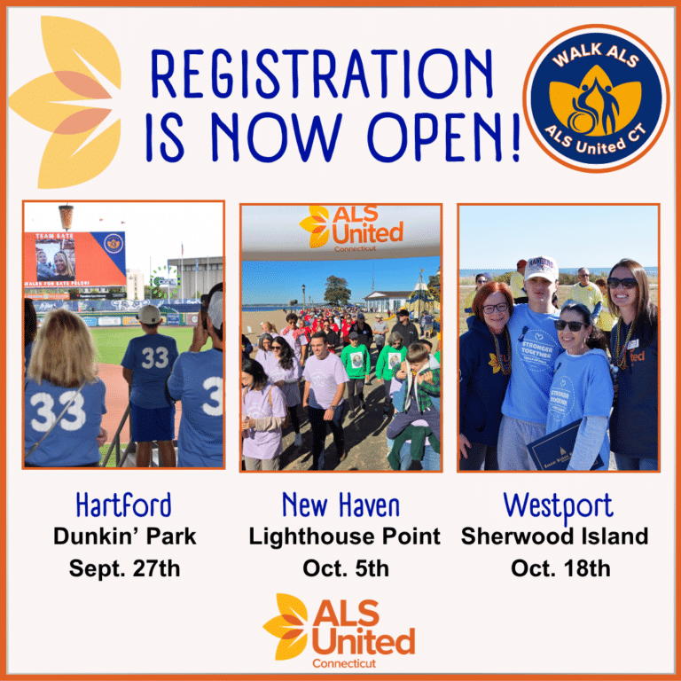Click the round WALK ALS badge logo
[595, 98]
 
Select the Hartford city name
[123, 505]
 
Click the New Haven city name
[340, 505]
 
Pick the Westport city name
[558, 505]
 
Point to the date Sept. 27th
[124, 568]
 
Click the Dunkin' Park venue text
[124, 536]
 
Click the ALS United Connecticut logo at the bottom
[340, 630]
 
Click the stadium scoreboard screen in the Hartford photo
[74, 260]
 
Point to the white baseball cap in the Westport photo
[540, 267]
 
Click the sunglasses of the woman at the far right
[622, 283]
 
